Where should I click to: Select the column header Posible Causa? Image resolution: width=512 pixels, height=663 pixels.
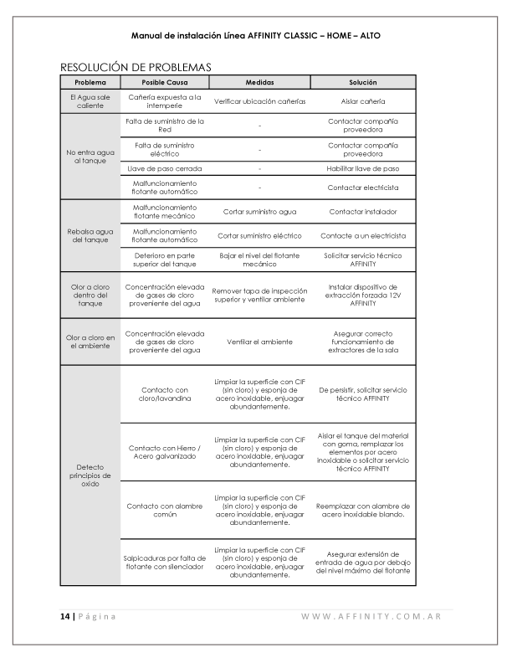pyautogui.click(x=165, y=82)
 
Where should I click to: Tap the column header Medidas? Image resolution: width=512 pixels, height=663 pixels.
pyautogui.click(x=259, y=82)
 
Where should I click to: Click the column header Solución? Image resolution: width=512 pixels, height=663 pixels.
pyautogui.click(x=363, y=82)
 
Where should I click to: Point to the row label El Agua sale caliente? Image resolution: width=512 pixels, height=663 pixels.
pyautogui.click(x=90, y=101)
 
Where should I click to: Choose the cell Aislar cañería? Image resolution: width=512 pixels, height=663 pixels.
pyautogui.click(x=363, y=101)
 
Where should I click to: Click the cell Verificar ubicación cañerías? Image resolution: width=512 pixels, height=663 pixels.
pyautogui.click(x=259, y=101)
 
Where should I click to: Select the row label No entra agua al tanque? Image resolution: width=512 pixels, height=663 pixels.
pyautogui.click(x=90, y=156)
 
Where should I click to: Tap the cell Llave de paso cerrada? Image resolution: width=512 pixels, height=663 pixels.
pyautogui.click(x=165, y=168)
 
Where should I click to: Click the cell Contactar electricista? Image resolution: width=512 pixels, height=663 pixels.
pyautogui.click(x=363, y=188)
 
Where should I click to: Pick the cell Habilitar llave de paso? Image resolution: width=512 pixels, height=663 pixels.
pyautogui.click(x=363, y=168)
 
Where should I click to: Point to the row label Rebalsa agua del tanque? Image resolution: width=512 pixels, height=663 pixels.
pyautogui.click(x=90, y=235)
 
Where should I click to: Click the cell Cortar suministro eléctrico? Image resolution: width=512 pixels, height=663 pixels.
pyautogui.click(x=259, y=235)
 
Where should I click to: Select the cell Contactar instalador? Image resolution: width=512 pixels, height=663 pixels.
pyautogui.click(x=363, y=212)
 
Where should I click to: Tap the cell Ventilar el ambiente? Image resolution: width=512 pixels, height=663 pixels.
pyautogui.click(x=259, y=342)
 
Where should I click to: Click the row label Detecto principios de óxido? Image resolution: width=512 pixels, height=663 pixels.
pyautogui.click(x=90, y=476)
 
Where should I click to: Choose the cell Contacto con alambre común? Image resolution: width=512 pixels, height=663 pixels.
pyautogui.click(x=165, y=510)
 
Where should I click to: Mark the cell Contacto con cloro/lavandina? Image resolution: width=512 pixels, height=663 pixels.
pyautogui.click(x=165, y=394)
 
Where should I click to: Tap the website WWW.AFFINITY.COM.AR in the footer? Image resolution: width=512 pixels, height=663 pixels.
pyautogui.click(x=371, y=617)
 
